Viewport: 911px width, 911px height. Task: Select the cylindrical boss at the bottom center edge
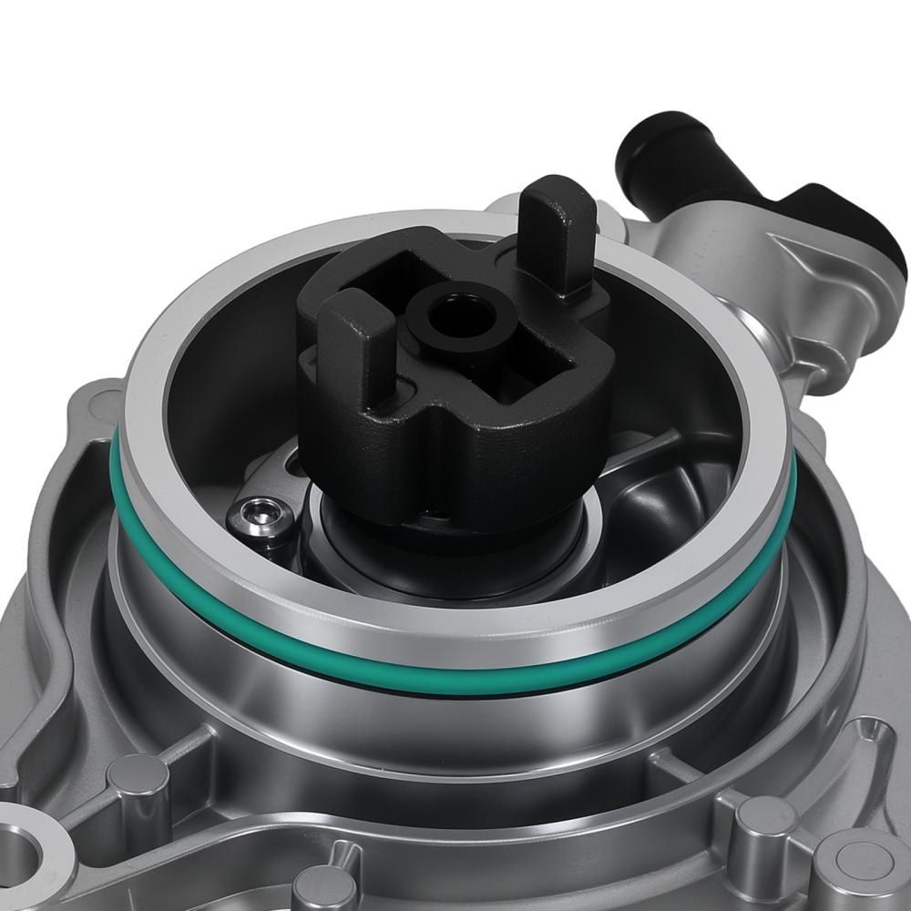(323, 888)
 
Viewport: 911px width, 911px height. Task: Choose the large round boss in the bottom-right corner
(861, 865)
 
